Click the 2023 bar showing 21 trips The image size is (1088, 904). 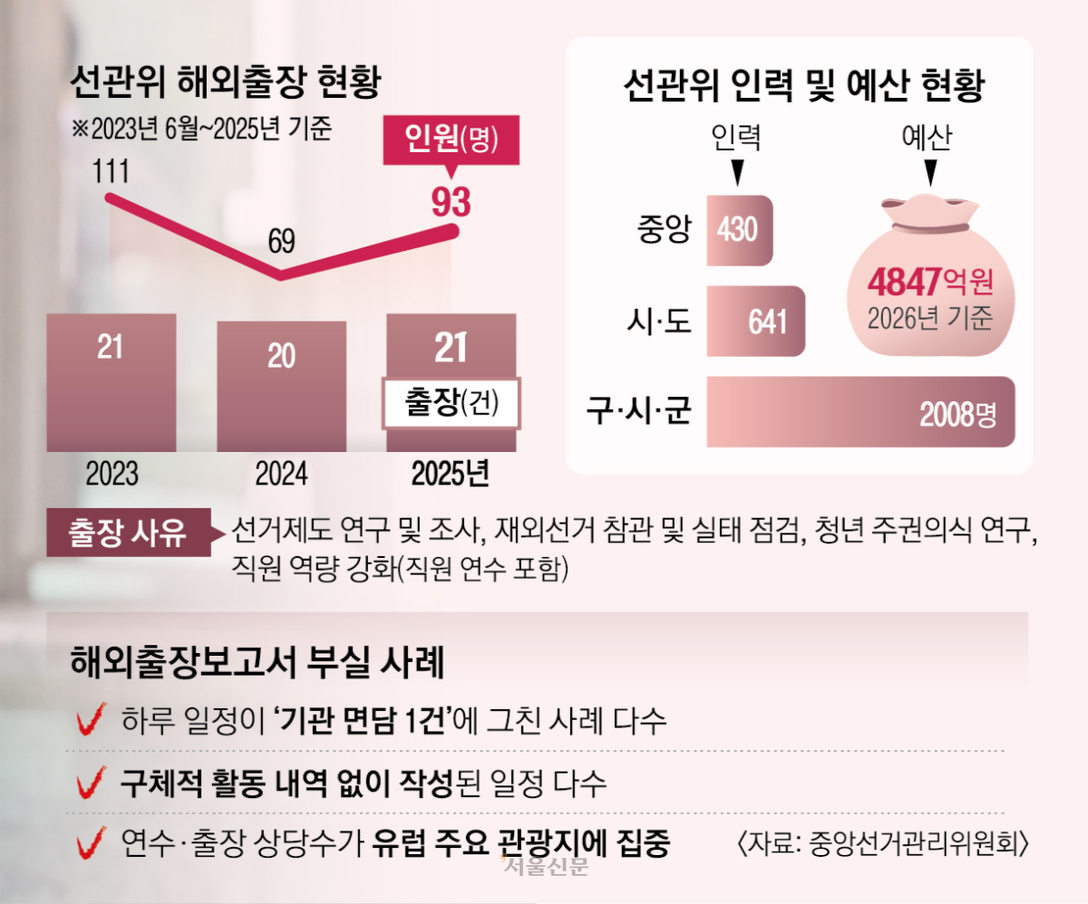coord(112,383)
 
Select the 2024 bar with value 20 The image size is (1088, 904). coord(281,387)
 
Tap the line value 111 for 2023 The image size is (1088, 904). coord(111,171)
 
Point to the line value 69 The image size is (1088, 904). coord(281,241)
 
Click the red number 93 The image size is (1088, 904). coord(452,202)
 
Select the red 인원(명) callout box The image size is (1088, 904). coord(452,140)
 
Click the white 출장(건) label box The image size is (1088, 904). coord(452,403)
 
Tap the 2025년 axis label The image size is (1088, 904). coord(451,474)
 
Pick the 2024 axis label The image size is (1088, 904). coord(281,474)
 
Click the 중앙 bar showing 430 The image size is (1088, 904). coord(740,230)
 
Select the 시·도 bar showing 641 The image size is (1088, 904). coord(755,321)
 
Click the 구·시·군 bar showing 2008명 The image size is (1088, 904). coord(860,411)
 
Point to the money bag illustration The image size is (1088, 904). coord(930,275)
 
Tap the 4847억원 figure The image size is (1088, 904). coord(930,281)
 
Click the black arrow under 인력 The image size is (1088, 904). coord(737,172)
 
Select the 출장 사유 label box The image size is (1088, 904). coord(129,533)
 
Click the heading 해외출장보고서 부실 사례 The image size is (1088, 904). coord(257,661)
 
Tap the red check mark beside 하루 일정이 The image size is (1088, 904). coord(92,718)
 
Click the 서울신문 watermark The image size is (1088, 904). coord(545,866)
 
